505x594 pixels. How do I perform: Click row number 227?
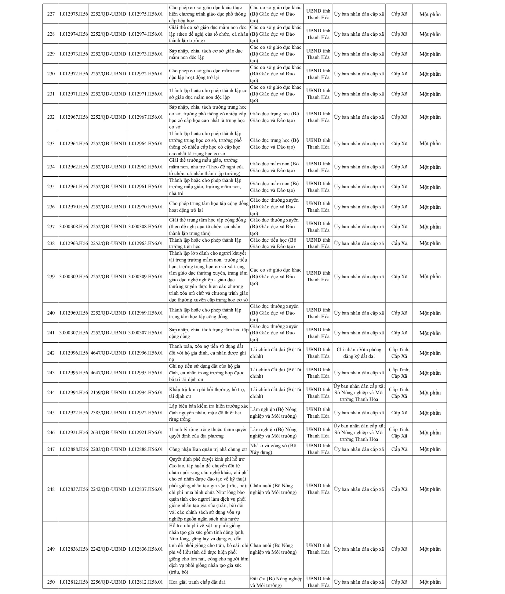pos(51,14)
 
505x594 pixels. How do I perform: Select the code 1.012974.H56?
pos(74,34)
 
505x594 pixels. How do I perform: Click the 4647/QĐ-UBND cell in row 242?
pos(108,353)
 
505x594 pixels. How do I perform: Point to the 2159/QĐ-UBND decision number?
pos(108,392)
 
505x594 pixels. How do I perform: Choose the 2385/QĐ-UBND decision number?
pos(108,412)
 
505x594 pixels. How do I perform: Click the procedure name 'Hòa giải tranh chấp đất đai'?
pos(197,582)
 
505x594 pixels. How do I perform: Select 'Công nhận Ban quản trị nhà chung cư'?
pos(208,449)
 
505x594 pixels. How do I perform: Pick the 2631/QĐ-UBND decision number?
pos(108,432)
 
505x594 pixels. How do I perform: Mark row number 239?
pos(51,276)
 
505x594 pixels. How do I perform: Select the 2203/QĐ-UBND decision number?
pos(108,449)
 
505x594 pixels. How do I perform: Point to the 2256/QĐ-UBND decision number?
pos(108,582)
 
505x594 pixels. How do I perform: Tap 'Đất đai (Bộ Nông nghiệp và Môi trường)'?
pos(276,582)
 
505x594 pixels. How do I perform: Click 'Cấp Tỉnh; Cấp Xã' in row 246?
pos(399,432)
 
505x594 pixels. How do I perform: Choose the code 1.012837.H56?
pos(74,489)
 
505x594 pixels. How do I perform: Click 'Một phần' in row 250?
pos(430,582)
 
